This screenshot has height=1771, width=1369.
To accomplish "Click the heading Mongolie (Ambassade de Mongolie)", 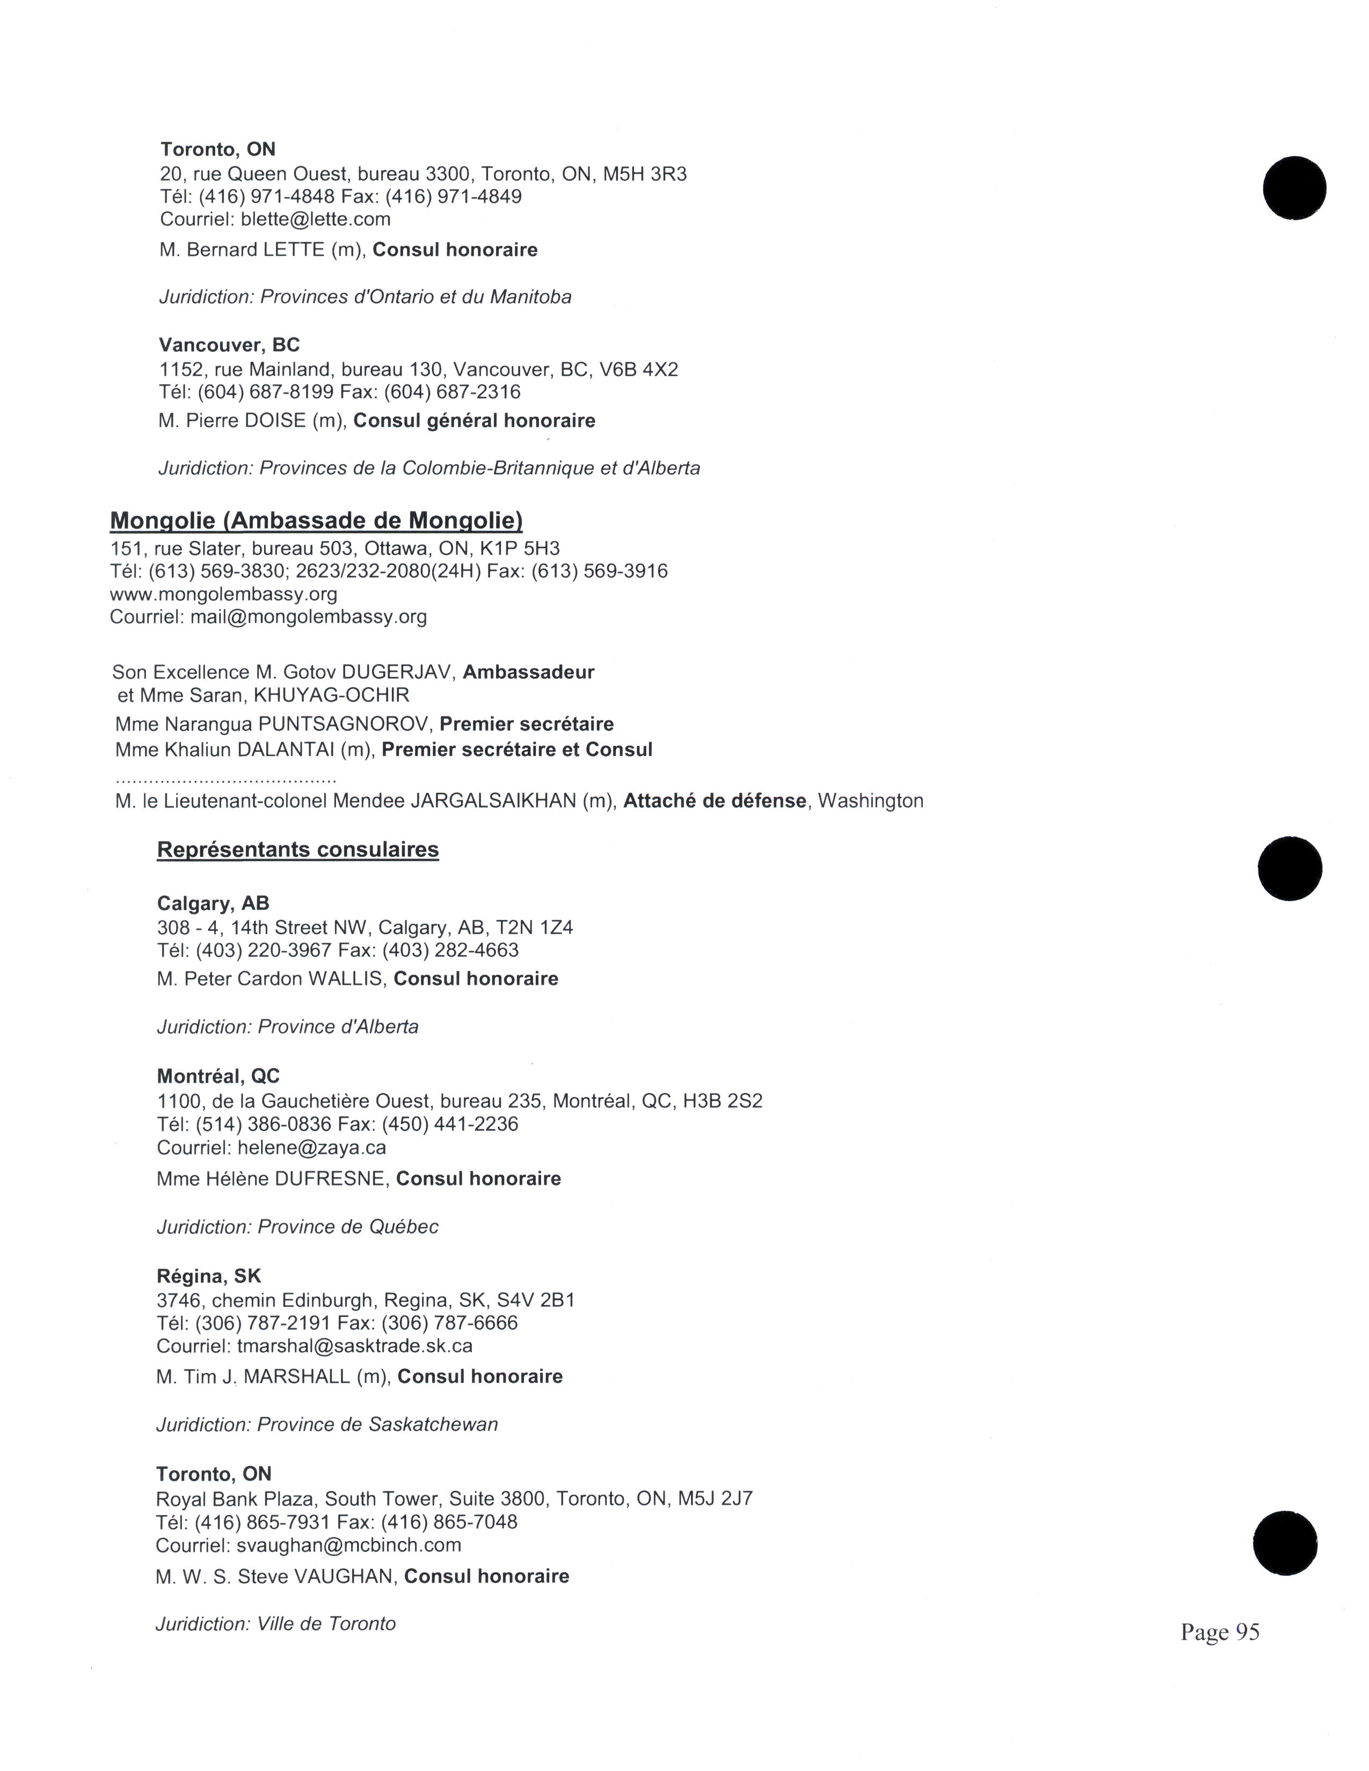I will click(316, 521).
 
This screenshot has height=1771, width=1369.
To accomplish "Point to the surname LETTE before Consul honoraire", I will click(294, 250).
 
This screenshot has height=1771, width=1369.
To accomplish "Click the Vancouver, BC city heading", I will click(230, 345).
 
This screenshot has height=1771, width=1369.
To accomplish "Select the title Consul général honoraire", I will click(475, 421).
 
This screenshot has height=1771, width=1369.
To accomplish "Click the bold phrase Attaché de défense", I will click(715, 801).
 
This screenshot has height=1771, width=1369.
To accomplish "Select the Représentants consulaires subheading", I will click(297, 850).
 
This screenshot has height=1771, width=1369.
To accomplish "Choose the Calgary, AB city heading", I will click(213, 903).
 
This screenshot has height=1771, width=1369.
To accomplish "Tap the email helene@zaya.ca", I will click(311, 1147).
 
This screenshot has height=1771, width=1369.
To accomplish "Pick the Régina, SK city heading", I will click(209, 1276).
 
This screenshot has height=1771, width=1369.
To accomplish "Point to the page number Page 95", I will click(1220, 1631).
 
